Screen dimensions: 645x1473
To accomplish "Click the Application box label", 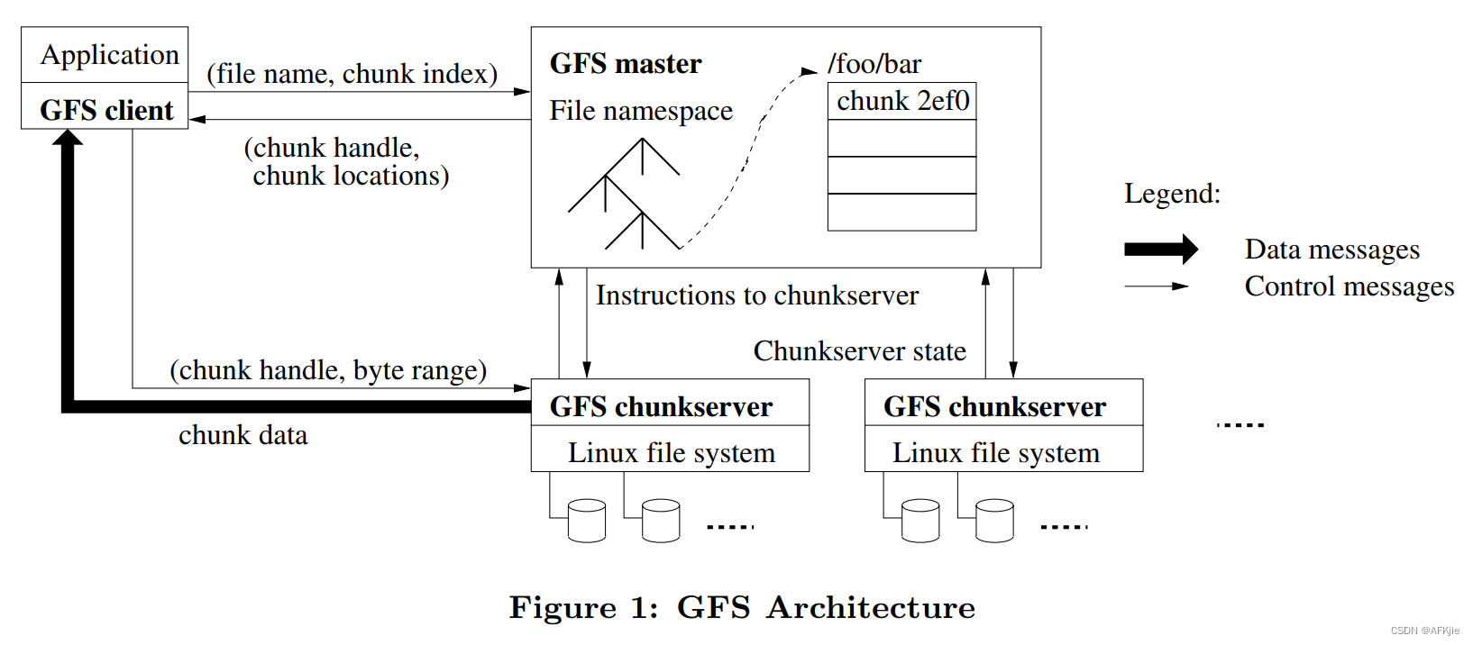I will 109,55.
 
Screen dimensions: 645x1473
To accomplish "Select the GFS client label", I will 106,110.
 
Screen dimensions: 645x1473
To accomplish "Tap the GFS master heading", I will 625,64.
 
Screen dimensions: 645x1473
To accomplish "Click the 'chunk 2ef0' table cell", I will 902,101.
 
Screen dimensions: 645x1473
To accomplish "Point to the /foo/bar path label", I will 874,64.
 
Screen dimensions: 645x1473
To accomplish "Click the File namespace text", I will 641,111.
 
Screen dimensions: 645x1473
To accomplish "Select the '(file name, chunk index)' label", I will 352,74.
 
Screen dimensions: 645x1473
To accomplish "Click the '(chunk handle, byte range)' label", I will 328,370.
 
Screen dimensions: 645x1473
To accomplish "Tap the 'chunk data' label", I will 242,435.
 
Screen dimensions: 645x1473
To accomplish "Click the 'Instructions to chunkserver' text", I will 756,295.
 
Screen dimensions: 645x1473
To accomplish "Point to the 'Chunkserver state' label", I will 859,351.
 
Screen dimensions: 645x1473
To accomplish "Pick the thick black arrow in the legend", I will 1160,250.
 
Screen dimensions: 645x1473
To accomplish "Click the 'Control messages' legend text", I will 1349,286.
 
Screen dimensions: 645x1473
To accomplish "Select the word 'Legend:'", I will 1172,194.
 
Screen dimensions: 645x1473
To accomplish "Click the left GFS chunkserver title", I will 661,406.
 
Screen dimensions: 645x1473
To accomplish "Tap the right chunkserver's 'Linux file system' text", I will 995,453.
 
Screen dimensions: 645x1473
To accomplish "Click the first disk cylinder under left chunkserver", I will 587,521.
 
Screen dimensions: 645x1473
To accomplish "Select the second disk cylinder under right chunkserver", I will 994,521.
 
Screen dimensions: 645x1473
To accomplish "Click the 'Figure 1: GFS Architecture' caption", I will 742,608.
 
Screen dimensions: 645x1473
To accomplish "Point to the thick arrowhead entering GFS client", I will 68,138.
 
